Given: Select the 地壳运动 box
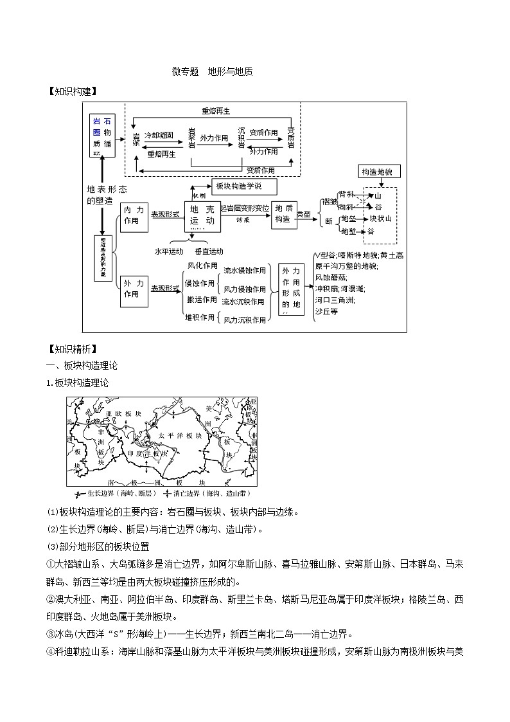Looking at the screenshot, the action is point(203,217).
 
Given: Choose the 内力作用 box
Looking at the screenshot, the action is point(132,215).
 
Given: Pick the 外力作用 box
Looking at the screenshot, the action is point(132,289).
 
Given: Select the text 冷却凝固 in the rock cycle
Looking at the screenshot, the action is point(159,136).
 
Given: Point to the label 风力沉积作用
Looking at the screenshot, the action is point(244,320).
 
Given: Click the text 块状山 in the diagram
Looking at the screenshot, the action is point(380,219).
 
